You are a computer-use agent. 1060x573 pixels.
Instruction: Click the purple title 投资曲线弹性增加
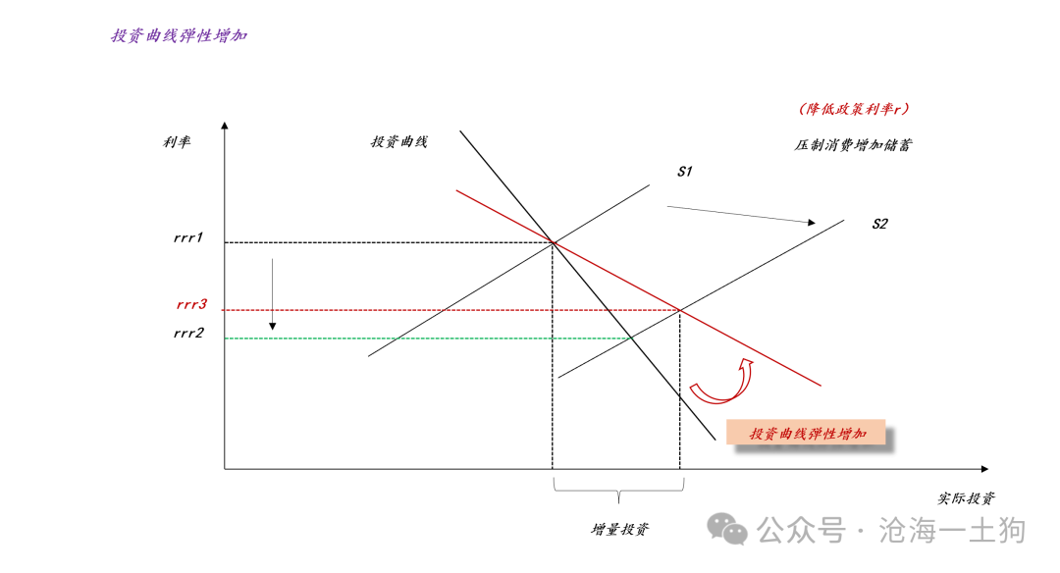point(179,36)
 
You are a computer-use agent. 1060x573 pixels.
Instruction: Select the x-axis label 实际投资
point(966,498)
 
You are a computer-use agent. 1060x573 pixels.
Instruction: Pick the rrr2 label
point(187,333)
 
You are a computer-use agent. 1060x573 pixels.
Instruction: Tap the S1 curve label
point(685,172)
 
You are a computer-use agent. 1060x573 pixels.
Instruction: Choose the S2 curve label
point(879,224)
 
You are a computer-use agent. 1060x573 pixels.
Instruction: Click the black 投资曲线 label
point(398,141)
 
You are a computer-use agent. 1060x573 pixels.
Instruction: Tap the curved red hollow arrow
point(720,384)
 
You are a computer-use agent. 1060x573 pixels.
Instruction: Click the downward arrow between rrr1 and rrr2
point(273,294)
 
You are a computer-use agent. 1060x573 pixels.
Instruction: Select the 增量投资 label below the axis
point(619,529)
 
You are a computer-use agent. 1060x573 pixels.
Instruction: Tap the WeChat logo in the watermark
point(729,530)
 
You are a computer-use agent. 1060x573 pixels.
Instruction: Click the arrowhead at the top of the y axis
point(225,126)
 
